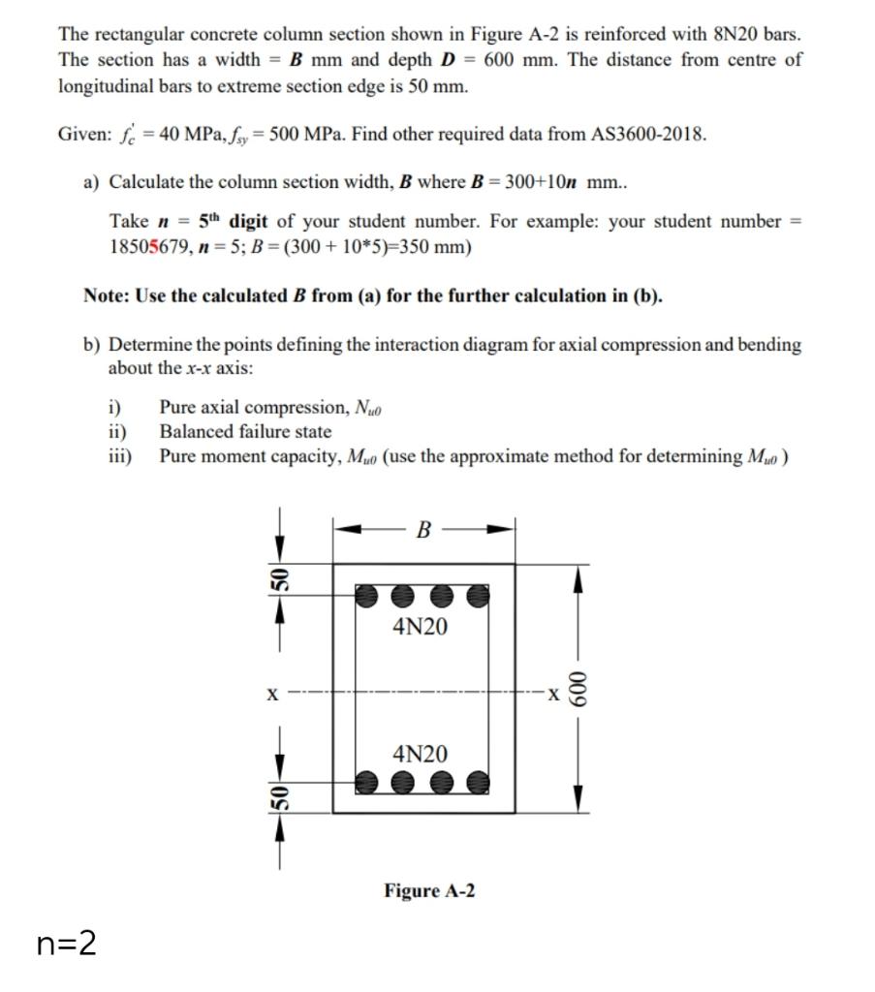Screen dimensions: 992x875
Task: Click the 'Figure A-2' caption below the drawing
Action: (429, 890)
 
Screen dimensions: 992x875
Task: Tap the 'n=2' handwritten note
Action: (67, 943)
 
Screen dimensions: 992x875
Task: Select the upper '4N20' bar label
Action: (421, 627)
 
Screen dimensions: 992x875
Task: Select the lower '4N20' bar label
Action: (421, 754)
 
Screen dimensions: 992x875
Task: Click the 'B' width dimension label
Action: (422, 530)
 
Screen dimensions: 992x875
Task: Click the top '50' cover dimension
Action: (276, 582)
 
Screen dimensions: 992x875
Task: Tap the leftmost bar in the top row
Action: (366, 596)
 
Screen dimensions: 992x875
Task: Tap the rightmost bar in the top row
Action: (477, 596)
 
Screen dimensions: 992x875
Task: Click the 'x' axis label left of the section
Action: (272, 694)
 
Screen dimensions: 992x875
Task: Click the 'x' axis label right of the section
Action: (549, 694)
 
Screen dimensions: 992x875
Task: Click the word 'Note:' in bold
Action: (108, 295)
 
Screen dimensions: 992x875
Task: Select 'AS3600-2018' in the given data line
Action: (647, 134)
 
